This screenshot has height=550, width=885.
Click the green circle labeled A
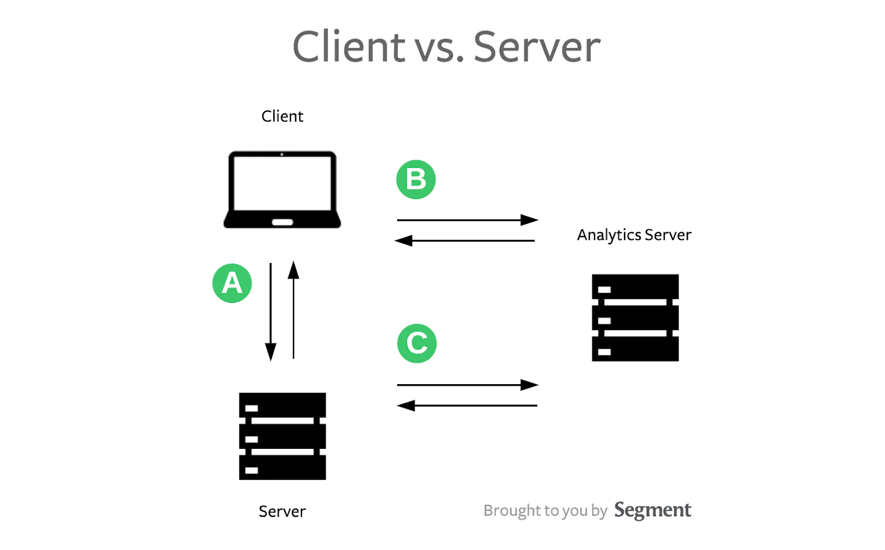pos(232,283)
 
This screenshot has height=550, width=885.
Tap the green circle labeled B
pos(416,180)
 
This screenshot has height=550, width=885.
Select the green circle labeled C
pos(417,343)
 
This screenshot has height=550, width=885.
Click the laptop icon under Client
pos(282,189)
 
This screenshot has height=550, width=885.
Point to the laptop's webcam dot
pos(282,154)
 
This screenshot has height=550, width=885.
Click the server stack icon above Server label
pos(282,436)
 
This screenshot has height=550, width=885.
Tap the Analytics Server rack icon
pos(635,318)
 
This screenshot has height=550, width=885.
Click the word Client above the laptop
pos(282,117)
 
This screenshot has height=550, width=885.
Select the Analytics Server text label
pos(634,235)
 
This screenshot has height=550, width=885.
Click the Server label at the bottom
pos(282,511)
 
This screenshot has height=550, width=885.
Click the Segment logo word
pos(653,510)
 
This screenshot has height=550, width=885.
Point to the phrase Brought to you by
pos(545,510)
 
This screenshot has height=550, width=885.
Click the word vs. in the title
pos(439,47)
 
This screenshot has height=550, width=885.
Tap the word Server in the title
pos(537,47)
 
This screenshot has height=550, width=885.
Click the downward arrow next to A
pos(270,312)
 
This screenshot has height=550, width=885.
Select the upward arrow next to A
pos(294,310)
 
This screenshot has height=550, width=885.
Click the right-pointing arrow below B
pos(467,220)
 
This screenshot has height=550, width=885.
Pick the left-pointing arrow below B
pos(465,240)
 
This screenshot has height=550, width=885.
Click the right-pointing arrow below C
pos(467,385)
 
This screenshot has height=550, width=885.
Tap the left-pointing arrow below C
pos(467,406)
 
